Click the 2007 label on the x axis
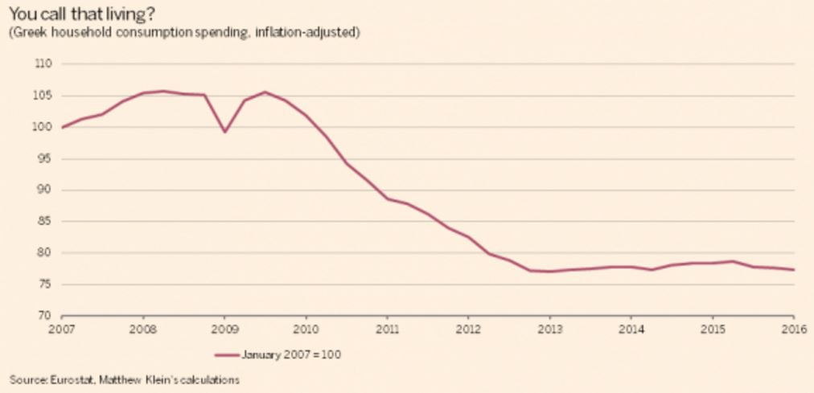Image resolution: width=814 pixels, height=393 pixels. click(62, 328)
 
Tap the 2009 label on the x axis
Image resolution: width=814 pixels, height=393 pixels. click(224, 328)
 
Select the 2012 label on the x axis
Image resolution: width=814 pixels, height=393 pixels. click(468, 328)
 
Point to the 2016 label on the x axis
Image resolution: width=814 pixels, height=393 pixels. click(794, 328)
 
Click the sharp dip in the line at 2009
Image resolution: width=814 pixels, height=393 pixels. click(224, 132)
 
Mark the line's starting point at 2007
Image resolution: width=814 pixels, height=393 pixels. click(62, 128)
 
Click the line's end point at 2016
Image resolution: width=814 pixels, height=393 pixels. click(794, 269)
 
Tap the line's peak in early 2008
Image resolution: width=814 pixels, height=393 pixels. click(163, 92)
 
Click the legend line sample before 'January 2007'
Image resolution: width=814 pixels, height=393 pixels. click(226, 355)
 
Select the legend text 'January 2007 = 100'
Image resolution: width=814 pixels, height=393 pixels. click(290, 355)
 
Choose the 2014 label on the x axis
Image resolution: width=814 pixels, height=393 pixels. click(631, 328)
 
